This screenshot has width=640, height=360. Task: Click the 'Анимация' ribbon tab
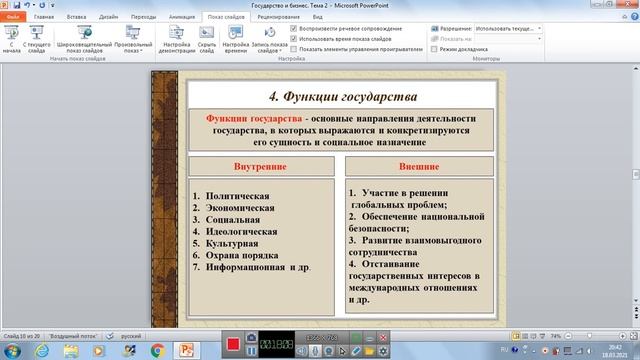tap(182, 18)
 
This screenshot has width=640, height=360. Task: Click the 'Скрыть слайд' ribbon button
tap(206, 46)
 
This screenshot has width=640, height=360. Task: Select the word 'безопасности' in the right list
tap(385, 227)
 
